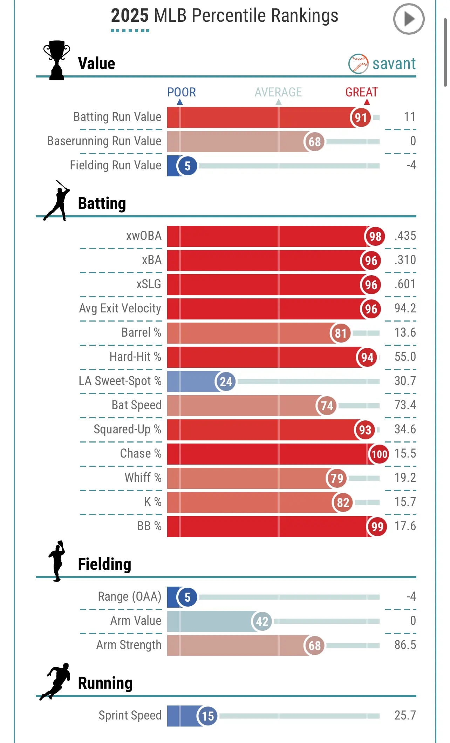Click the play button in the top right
pos(409,19)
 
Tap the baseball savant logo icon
pos(358,63)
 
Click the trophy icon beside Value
pos(57,60)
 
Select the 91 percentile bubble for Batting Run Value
pos(360,117)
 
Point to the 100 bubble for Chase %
pos(379,454)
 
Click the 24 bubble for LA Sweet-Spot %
pos(226,381)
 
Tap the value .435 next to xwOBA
pos(405,236)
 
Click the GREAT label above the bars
pos(361,92)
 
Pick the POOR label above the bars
pos(181,92)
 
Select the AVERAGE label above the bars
pos(278,92)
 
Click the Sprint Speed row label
pos(130,715)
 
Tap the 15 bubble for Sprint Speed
pos(207,716)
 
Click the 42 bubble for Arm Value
pos(262,621)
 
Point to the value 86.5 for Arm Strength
pos(405,645)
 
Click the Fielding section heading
pos(104,564)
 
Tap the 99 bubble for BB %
pos(377,527)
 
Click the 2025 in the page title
pos(130,16)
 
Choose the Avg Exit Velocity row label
pos(120,308)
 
